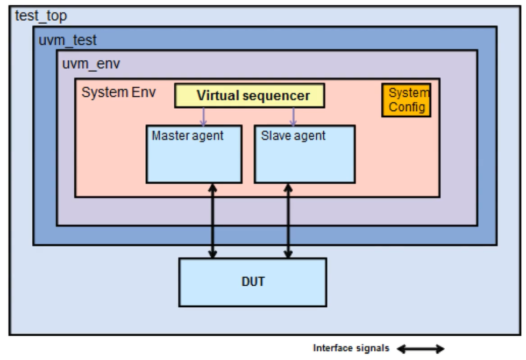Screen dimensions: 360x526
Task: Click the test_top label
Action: pos(41,16)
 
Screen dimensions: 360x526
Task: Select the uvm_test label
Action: pos(67,40)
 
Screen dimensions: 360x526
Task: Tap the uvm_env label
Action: pos(91,64)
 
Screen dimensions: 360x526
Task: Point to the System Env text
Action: pos(118,92)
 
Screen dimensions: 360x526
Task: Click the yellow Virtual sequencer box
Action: pos(250,96)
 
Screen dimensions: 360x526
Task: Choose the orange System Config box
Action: pos(406,100)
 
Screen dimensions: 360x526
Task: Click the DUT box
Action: pos(252,282)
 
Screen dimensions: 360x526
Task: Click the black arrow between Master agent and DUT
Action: pos(212,221)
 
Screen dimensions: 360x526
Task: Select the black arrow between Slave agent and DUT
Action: pos(289,221)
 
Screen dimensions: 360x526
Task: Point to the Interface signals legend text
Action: pos(351,348)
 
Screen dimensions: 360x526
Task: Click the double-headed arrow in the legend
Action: pos(421,349)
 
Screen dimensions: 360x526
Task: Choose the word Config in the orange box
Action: pos(407,107)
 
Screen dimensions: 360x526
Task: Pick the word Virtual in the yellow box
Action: pos(218,96)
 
